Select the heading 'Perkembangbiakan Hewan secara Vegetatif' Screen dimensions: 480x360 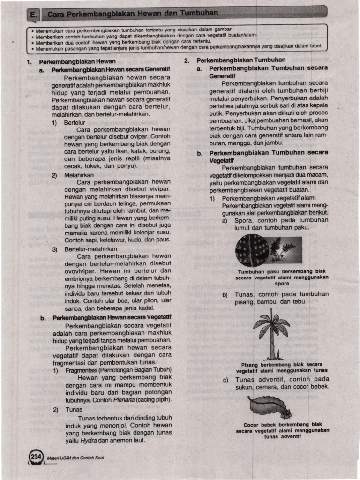pos(112,318)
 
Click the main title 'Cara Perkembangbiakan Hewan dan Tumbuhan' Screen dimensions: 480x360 pos(132,14)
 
